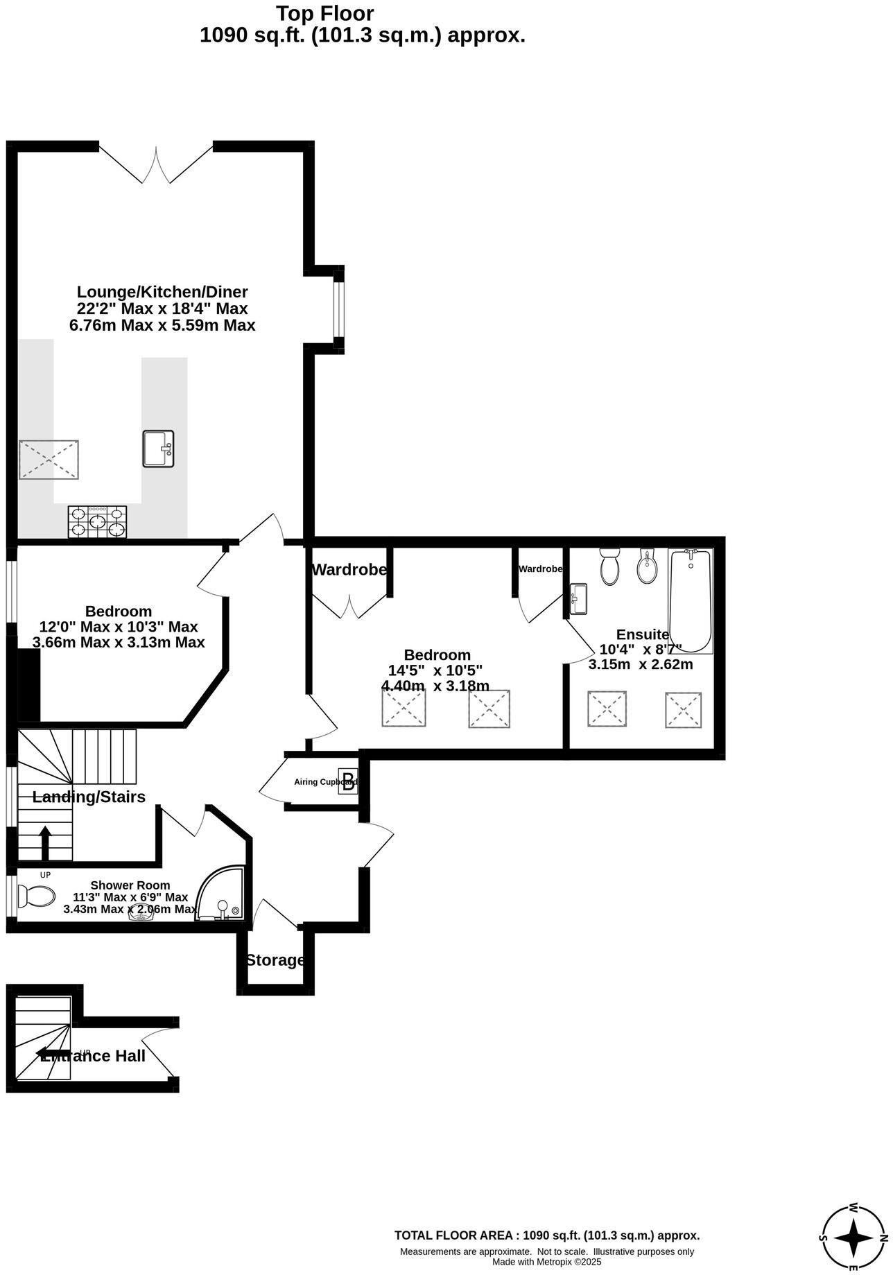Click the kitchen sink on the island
pos(158,449)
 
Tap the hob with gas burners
pos(98,522)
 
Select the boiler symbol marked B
pos(348,781)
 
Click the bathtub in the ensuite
pos(691,600)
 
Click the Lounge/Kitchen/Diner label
pos(162,292)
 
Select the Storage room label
pos(275,960)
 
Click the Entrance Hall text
pos(93,1056)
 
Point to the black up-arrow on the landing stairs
pos(46,842)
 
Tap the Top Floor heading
pos(324,13)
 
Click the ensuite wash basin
pos(578,598)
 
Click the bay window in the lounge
pos(338,309)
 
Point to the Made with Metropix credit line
pos(546,1262)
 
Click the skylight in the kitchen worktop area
pos(49,459)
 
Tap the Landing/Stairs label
pos(89,797)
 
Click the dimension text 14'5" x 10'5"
pos(435,670)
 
